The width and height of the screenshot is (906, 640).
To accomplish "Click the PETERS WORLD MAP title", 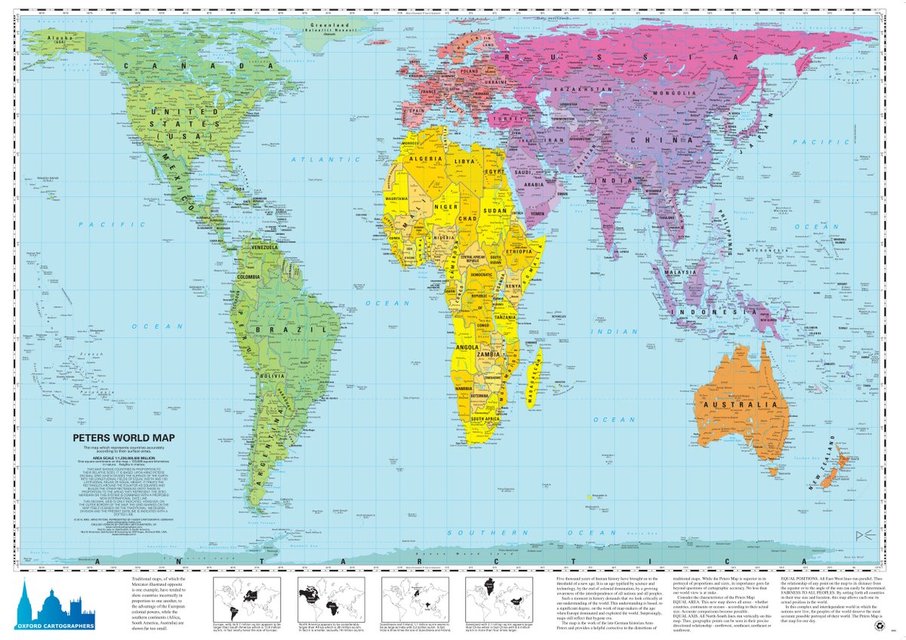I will [114, 436].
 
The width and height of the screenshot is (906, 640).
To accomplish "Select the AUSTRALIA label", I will [741, 405].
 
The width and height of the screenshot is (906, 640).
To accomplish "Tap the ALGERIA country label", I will [424, 158].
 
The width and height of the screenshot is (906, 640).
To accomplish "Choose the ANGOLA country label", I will [464, 347].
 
